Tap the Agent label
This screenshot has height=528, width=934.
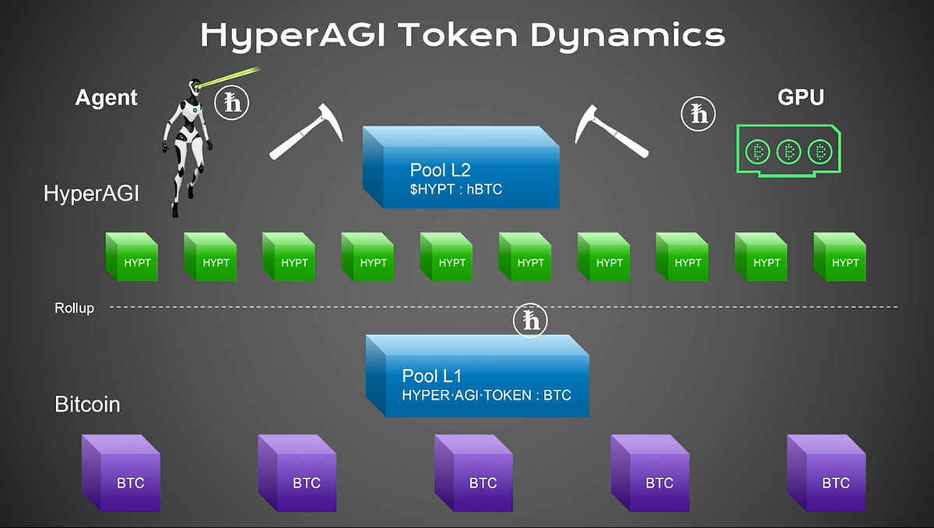(106, 98)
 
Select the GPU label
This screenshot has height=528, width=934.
(800, 97)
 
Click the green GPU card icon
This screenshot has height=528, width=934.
(788, 151)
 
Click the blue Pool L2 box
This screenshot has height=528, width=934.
(461, 167)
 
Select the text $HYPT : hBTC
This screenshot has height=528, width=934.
(456, 189)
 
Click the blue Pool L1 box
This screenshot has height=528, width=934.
(477, 376)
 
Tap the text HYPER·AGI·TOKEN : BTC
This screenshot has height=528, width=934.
(486, 395)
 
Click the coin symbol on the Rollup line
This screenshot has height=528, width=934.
(531, 321)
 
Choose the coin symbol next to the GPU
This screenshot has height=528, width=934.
(697, 114)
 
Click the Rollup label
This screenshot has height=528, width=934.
(74, 308)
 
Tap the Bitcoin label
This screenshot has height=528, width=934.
(87, 405)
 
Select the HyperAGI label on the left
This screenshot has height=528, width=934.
(91, 193)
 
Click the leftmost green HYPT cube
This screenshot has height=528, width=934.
(132, 257)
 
